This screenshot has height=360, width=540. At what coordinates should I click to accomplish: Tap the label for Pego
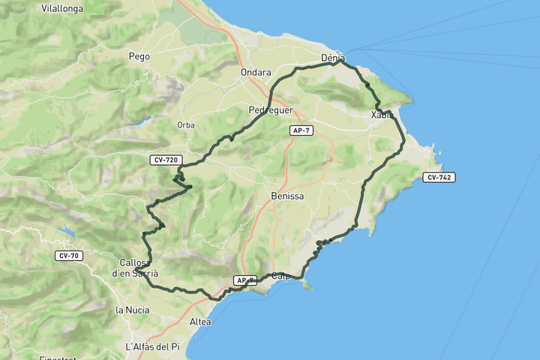point(139,56)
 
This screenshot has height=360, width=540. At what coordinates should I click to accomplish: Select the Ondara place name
point(255,73)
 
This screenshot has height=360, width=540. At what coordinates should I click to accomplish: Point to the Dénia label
point(332,58)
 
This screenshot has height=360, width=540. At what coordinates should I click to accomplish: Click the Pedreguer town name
point(269,109)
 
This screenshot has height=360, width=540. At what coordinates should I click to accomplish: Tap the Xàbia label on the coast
point(382,115)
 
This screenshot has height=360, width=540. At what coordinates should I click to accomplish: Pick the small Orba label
point(186,124)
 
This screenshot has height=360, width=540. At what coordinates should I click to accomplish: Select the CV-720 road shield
point(165,160)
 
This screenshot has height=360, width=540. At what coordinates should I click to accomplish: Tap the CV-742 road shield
point(439,177)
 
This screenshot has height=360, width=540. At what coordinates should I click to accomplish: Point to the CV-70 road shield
point(68,256)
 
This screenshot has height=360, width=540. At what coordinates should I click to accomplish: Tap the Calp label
point(281,275)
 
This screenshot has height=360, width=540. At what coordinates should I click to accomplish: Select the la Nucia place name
point(129,309)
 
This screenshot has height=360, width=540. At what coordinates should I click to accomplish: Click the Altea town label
point(200,322)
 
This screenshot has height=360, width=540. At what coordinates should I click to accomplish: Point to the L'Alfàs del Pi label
point(153,346)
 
